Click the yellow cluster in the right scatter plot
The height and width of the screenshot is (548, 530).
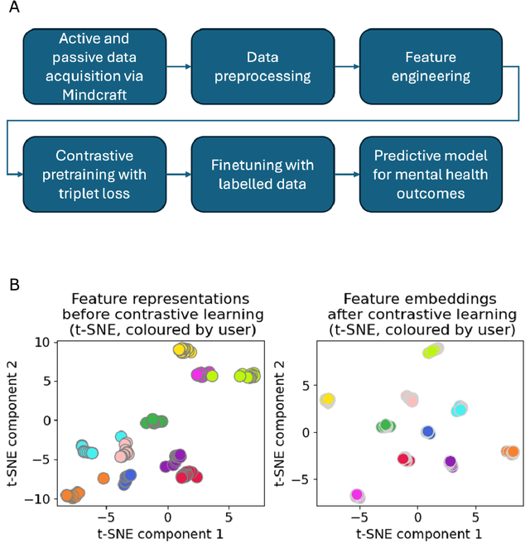pos(327,401)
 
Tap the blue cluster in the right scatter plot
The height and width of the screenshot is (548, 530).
pos(427,432)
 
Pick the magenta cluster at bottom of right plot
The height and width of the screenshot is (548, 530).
pos(357,495)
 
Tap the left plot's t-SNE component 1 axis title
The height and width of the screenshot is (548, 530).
pos(160,534)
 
